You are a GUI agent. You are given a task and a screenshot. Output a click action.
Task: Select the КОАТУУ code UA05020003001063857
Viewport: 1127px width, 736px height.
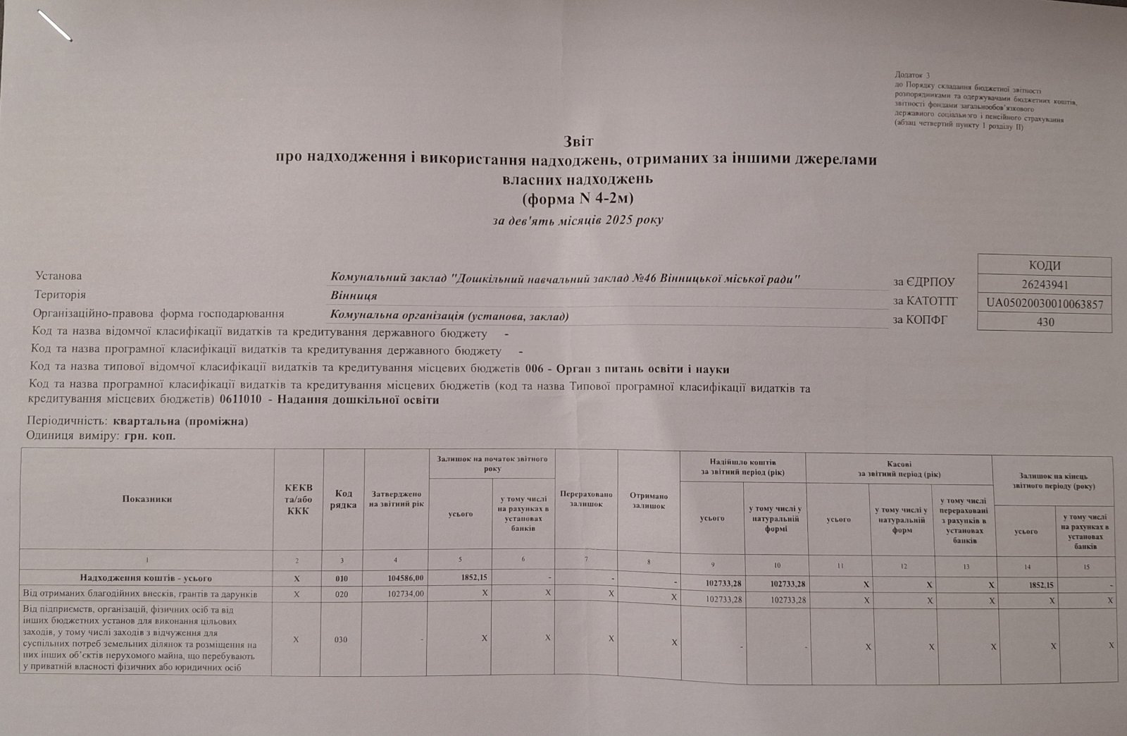[1045, 303]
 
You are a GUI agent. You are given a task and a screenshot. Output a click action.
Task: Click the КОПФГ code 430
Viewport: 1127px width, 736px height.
[1045, 322]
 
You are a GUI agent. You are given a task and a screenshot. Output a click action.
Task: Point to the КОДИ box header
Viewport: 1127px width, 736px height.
[1045, 266]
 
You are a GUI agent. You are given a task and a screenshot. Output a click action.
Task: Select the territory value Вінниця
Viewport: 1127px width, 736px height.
[354, 295]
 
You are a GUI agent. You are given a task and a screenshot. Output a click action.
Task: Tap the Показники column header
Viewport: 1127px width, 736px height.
[147, 498]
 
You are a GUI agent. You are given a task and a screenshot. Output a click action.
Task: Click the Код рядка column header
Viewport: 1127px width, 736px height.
[343, 498]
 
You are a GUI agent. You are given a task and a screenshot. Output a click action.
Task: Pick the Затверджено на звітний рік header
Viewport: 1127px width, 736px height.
[396, 498]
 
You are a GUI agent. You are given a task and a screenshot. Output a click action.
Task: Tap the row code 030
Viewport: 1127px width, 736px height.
[341, 639]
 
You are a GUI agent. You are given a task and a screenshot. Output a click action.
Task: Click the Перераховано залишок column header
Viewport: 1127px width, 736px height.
[586, 499]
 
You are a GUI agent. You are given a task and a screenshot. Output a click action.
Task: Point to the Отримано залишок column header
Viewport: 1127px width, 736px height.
[648, 501]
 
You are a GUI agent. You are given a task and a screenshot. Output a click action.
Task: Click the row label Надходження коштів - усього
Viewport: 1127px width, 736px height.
[146, 577]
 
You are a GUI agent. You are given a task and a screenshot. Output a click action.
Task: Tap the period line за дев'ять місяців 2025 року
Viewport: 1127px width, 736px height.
[578, 221]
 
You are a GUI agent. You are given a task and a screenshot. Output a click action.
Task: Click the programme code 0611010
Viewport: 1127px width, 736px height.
[240, 400]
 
